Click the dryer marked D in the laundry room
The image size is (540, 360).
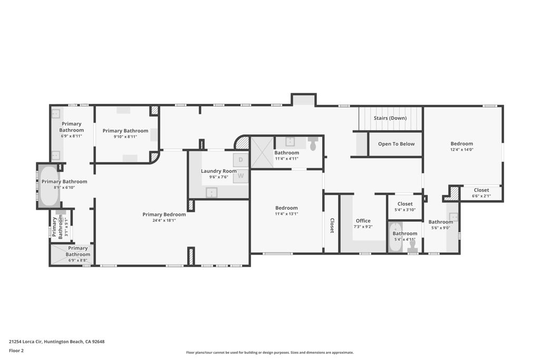(x=240, y=160)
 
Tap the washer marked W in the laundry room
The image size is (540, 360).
(x=240, y=176)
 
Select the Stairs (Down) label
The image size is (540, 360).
(x=390, y=118)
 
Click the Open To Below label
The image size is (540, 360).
(x=396, y=144)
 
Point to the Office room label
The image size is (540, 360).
(x=363, y=221)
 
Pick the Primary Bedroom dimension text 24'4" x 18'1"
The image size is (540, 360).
(x=164, y=220)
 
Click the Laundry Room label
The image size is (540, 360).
(x=219, y=171)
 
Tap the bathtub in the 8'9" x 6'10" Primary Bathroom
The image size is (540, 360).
(x=50, y=186)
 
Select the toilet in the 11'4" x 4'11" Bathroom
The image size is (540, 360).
(x=313, y=143)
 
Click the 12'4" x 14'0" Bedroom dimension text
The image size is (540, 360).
(x=461, y=150)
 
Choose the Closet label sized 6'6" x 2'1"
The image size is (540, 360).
(x=481, y=190)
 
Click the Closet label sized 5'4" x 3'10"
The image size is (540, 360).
(x=404, y=204)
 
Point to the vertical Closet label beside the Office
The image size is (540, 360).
(x=332, y=226)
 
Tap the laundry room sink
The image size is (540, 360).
(x=211, y=192)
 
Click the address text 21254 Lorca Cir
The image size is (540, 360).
(x=25, y=342)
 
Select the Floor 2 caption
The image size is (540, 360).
(x=16, y=351)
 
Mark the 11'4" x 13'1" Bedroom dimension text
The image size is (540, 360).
(x=286, y=213)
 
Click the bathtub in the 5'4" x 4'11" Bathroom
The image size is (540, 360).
(x=396, y=238)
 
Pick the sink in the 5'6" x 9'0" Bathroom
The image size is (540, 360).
(x=453, y=217)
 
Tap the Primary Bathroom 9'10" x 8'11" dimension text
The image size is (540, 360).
(x=126, y=137)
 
